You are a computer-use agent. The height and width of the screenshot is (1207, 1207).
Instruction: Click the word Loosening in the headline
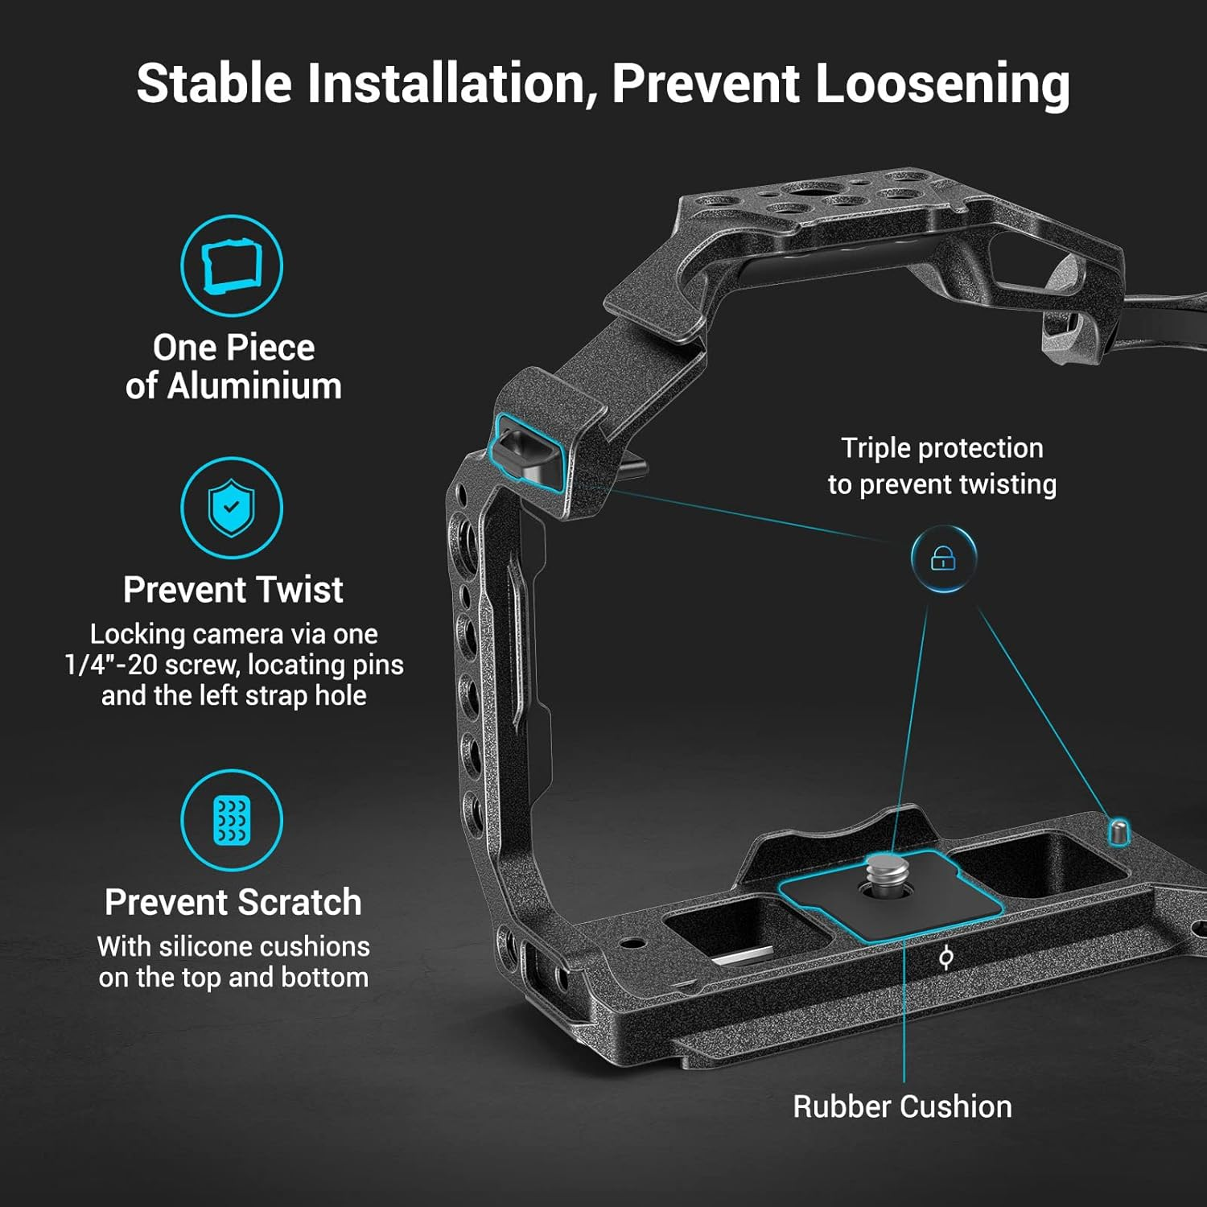click(x=942, y=84)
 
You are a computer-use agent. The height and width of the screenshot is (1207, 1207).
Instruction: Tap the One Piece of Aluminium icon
click(x=232, y=266)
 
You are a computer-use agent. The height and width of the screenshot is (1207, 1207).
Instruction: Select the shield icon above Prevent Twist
click(x=232, y=508)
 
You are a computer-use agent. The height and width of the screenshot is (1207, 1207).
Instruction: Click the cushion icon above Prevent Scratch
click(x=232, y=820)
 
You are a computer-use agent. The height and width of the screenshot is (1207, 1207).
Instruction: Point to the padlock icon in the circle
click(x=943, y=558)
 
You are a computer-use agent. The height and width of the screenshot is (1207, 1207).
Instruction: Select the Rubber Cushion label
click(x=902, y=1106)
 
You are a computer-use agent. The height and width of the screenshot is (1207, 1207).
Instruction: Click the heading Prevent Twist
click(x=233, y=590)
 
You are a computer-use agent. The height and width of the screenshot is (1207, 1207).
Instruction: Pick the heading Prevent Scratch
click(x=233, y=902)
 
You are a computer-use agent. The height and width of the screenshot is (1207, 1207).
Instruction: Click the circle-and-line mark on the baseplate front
click(x=946, y=958)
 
